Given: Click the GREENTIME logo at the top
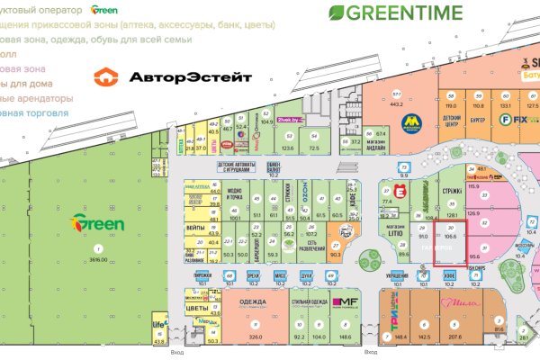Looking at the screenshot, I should (x=396, y=13).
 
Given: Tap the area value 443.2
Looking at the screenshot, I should (x=395, y=103).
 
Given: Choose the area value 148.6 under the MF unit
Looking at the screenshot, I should (x=345, y=337).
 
